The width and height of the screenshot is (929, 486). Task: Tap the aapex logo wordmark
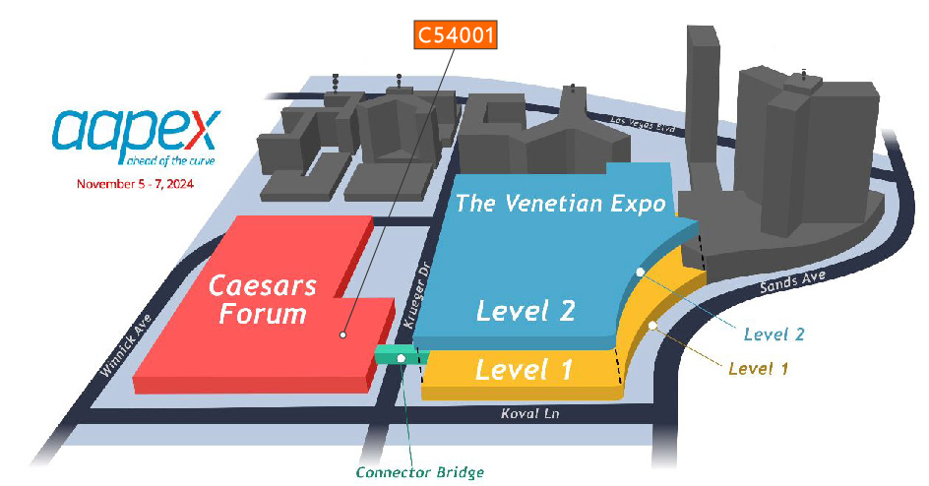point(139,132)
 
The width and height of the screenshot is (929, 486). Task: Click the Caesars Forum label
point(262,300)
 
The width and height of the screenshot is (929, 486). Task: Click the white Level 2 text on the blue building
point(525,311)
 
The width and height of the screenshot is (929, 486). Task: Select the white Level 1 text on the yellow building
point(525,370)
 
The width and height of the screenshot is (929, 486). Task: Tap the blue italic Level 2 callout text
point(774,334)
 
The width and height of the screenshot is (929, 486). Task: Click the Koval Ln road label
point(528,414)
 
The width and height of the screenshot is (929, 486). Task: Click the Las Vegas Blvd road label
point(644,123)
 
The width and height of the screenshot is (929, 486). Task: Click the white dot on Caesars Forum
point(342,334)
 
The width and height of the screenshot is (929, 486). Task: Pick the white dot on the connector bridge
point(402,357)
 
